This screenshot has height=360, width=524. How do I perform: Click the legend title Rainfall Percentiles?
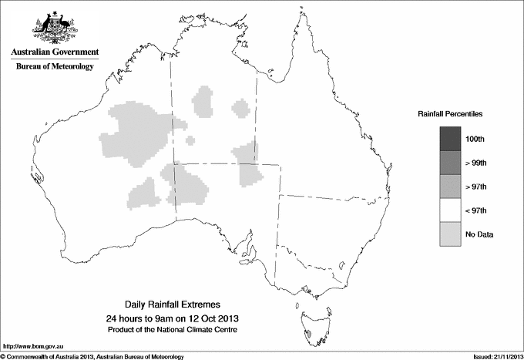coord(450,113)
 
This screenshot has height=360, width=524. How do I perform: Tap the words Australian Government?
coord(55,52)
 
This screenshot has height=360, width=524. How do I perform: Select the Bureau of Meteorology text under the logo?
coord(55,67)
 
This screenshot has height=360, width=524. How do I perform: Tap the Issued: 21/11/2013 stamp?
coord(494,356)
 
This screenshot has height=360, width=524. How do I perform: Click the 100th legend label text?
coord(475,139)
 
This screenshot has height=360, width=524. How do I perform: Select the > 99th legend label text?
coord(476,163)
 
